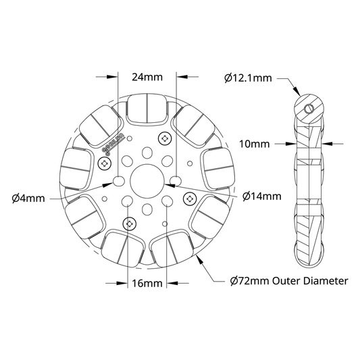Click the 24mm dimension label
pos(147,77)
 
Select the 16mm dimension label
pos(147,283)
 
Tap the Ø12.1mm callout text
pos(248,78)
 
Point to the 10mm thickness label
pos(255,144)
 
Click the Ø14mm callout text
pos(262,197)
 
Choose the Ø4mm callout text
pos(28,199)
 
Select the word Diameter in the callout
pos(326,281)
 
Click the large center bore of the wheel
pos(147,181)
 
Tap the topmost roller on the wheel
pos(147,109)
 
